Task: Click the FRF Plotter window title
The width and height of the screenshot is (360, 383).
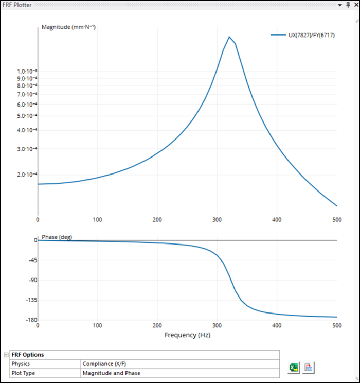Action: pyautogui.click(x=17, y=5)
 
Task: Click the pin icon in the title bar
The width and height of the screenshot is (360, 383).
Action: pyautogui.click(x=348, y=5)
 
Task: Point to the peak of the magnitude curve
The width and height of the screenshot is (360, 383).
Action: pyautogui.click(x=229, y=37)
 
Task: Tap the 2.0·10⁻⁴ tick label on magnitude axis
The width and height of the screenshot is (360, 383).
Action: pyautogui.click(x=27, y=175)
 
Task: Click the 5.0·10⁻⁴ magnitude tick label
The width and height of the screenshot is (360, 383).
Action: pyautogui.click(x=27, y=116)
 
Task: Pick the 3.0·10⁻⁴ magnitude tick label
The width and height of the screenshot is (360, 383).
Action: pyautogui.click(x=27, y=149)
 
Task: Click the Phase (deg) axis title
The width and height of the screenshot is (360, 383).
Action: pyautogui.click(x=57, y=237)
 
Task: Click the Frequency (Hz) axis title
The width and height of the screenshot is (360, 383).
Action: pyautogui.click(x=187, y=335)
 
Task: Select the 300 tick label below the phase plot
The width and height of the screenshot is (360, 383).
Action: pyautogui.click(x=217, y=326)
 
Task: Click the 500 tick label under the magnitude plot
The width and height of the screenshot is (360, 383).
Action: pyautogui.click(x=337, y=220)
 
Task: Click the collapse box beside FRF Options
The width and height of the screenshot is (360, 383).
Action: pyautogui.click(x=6, y=355)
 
